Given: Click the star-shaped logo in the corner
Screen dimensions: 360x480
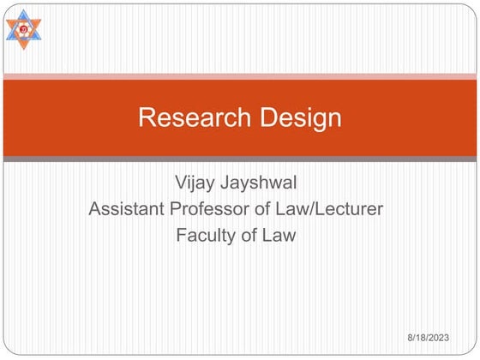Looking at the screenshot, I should tap(24, 29).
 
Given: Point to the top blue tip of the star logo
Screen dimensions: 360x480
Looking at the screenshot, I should tap(24, 11).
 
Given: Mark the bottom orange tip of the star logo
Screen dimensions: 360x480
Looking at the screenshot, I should tap(24, 47).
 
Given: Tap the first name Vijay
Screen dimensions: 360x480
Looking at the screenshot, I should tap(195, 183).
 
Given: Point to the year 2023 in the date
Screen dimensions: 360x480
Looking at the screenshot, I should tap(455, 340).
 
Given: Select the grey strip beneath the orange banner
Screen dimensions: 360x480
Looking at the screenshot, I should tap(240, 159).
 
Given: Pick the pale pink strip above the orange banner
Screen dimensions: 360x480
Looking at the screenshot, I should tap(240, 76).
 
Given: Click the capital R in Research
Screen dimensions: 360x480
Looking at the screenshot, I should tap(147, 117).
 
